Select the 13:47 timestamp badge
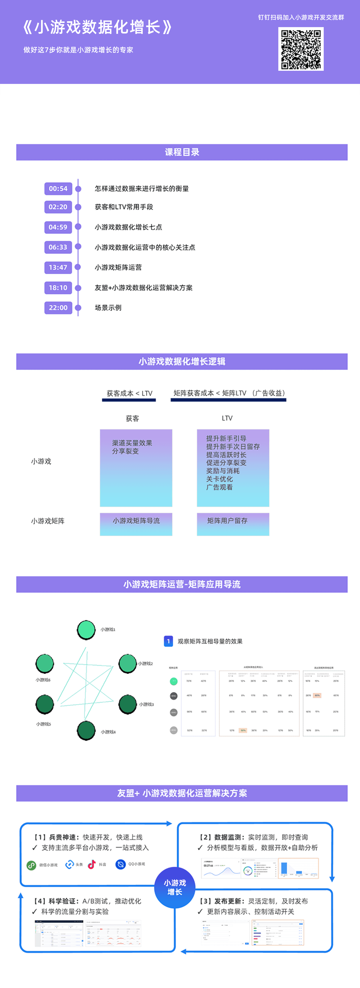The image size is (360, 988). [58, 267]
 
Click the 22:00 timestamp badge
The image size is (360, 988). [58, 308]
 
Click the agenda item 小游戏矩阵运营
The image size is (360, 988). [118, 267]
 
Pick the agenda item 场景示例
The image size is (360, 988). [108, 308]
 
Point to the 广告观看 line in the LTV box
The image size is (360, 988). [219, 487]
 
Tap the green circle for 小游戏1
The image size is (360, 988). [86, 629]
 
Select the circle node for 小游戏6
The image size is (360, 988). [45, 663]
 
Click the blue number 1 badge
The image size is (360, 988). [168, 641]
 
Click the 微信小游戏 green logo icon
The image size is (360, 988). [31, 865]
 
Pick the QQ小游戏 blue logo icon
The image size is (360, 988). [120, 865]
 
